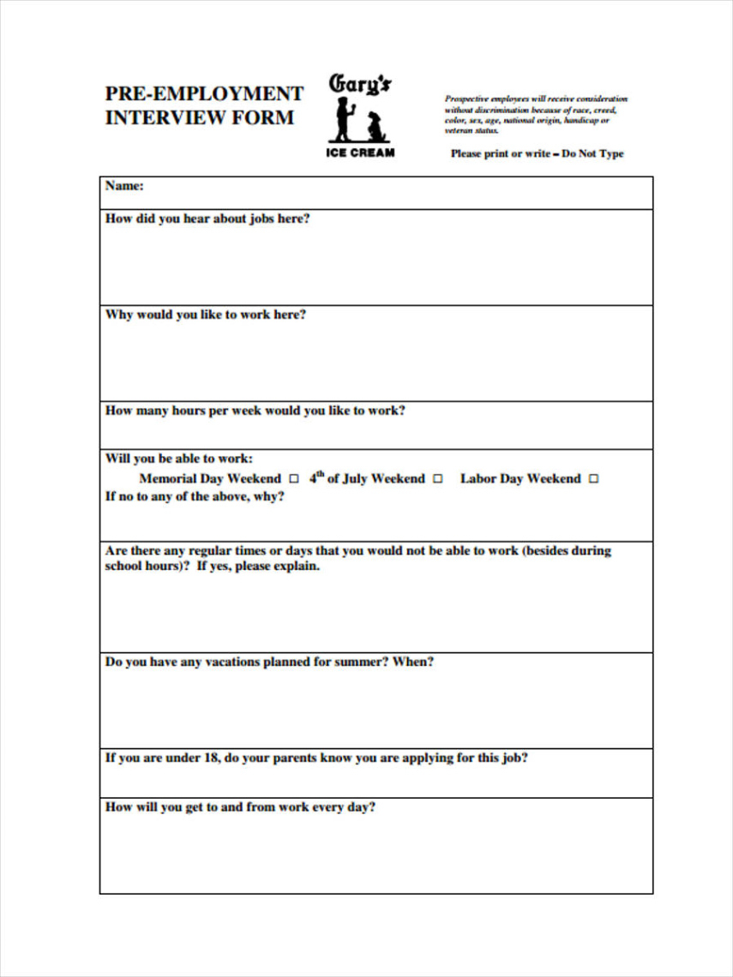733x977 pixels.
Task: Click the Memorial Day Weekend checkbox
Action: point(294,479)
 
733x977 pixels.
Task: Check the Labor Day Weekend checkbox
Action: point(594,479)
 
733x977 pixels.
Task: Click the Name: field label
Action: point(124,185)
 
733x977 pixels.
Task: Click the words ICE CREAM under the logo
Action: point(360,153)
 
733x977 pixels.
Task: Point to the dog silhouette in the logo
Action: point(374,127)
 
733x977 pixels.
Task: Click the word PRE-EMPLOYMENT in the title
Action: point(204,93)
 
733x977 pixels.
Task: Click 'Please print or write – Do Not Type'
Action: point(537,154)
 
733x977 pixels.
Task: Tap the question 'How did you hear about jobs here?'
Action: point(207,219)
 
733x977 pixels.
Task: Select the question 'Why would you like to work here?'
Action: point(206,315)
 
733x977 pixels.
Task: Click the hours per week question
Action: point(255,411)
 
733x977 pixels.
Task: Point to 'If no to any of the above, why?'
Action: point(195,497)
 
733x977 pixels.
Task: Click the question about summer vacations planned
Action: point(269,662)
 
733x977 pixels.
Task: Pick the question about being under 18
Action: point(316,758)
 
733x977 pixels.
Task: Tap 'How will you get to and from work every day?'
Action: point(240,807)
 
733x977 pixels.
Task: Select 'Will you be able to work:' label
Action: point(179,459)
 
